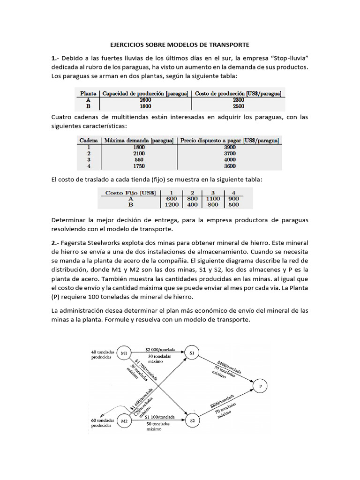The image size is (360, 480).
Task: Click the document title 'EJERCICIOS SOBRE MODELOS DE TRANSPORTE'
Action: click(x=180, y=45)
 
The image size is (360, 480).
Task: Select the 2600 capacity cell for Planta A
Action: click(x=145, y=99)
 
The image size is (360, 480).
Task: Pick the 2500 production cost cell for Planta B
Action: click(x=238, y=106)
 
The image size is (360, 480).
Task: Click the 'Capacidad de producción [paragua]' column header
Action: click(x=145, y=93)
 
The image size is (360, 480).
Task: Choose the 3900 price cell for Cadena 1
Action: click(x=229, y=147)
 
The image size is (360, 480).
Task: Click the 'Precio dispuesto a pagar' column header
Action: click(x=229, y=140)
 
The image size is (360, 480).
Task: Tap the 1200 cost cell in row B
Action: click(x=172, y=204)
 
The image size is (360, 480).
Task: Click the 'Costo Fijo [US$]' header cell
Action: click(x=131, y=191)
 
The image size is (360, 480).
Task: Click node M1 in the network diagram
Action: click(x=124, y=353)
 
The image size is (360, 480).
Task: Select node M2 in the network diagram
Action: click(x=124, y=420)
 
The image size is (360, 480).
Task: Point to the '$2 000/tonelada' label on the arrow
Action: click(x=161, y=349)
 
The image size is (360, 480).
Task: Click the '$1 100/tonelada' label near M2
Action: click(x=160, y=417)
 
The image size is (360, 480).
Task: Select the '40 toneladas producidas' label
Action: click(x=102, y=354)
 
